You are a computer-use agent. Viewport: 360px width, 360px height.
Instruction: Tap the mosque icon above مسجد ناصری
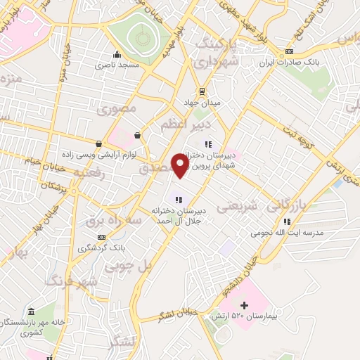117,54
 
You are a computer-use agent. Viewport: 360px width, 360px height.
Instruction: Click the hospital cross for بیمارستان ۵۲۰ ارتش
244,305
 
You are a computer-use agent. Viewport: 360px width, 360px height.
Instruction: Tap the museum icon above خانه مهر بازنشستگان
30,311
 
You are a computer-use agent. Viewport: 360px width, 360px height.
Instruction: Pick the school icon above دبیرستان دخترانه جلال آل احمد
178,198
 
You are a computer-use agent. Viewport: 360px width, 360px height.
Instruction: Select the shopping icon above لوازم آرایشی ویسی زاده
137,135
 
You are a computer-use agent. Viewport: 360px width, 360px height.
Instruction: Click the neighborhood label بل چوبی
129,266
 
